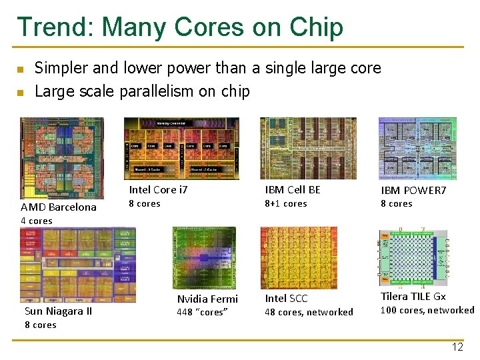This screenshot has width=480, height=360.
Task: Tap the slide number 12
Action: tap(457, 347)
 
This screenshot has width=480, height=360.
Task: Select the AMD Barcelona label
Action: tap(59, 207)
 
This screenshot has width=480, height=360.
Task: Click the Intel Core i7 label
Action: tap(159, 190)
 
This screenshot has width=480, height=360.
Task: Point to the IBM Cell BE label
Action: tap(293, 190)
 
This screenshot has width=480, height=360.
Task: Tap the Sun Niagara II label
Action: tap(58, 311)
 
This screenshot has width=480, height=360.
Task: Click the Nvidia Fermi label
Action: tap(207, 299)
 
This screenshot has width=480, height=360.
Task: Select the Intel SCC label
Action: tap(287, 299)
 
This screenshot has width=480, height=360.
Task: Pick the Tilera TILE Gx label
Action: tap(413, 297)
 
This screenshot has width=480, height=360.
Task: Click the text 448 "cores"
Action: tap(203, 312)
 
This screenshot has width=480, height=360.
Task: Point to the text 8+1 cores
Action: tap(286, 203)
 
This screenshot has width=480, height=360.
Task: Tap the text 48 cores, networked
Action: tap(309, 312)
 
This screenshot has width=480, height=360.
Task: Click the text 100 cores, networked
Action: tap(427, 310)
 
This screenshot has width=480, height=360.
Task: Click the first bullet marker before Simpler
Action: tap(21, 69)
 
